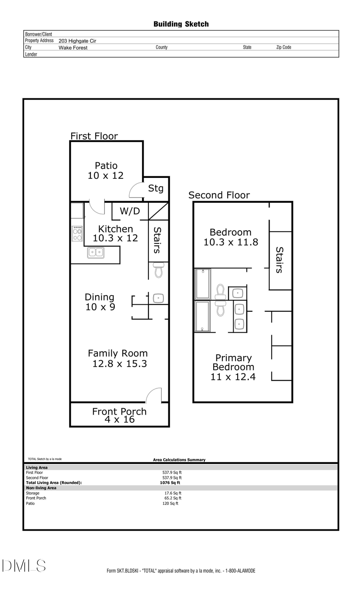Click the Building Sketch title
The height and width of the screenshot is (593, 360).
tap(181, 24)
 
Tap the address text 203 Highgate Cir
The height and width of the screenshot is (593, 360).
tap(77, 41)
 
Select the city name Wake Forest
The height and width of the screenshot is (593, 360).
tap(73, 48)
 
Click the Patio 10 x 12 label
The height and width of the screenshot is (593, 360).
tap(106, 171)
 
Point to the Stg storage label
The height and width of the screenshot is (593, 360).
tap(156, 188)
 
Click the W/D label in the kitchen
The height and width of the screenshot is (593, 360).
tap(130, 211)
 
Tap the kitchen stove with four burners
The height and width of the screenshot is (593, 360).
tap(77, 234)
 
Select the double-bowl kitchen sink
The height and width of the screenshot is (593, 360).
tap(96, 252)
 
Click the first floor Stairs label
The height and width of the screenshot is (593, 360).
tap(157, 240)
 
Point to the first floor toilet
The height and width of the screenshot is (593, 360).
tap(158, 270)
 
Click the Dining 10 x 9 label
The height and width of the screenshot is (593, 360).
tap(100, 302)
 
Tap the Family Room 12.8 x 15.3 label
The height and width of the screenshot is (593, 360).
tap(118, 358)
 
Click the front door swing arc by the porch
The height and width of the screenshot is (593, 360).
tap(154, 395)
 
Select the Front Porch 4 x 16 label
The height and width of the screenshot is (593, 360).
tap(119, 415)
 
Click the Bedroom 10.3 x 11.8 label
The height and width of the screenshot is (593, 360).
tap(231, 237)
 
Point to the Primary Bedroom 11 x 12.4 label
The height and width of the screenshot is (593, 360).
tap(233, 367)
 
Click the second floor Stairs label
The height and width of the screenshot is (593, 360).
tap(279, 260)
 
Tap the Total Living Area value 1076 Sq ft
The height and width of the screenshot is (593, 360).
tap(170, 483)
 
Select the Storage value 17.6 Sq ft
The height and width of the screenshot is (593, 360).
tap(173, 493)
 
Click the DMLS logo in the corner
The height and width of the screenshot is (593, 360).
tap(24, 566)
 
